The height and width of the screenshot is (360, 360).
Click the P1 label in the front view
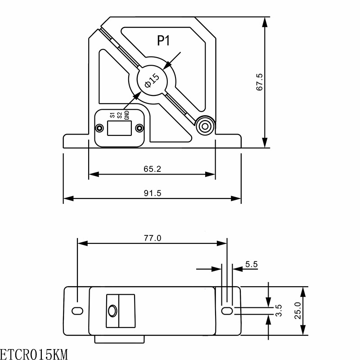pos(163,40)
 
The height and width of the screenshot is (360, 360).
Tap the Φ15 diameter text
pos(152,81)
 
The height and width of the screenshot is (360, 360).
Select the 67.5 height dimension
pos(260,82)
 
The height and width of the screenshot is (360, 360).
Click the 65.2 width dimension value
pos(152,169)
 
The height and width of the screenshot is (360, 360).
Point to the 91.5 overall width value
pos(153,193)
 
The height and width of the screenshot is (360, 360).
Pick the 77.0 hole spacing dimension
pos(153,238)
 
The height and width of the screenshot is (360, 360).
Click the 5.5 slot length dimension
pos(252,264)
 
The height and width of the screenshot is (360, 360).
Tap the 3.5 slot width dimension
pos(278,310)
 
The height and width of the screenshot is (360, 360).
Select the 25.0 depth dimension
pos(298,310)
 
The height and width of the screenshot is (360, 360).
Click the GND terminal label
pos(127,115)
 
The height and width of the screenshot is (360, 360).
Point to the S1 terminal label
pos(112,115)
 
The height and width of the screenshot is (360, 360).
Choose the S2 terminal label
pos(119,115)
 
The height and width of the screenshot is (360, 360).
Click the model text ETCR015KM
pos(34,354)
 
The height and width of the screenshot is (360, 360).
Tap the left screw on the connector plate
pos(99,128)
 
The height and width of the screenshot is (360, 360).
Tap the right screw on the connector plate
pos(139,128)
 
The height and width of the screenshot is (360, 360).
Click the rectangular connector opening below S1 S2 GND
pos(119,128)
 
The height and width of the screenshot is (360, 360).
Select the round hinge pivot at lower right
pos(205,126)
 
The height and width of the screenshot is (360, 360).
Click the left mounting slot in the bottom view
pos(77,311)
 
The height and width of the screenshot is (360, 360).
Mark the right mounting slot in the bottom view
pos(227,311)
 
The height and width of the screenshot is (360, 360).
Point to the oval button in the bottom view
pos(112,311)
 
